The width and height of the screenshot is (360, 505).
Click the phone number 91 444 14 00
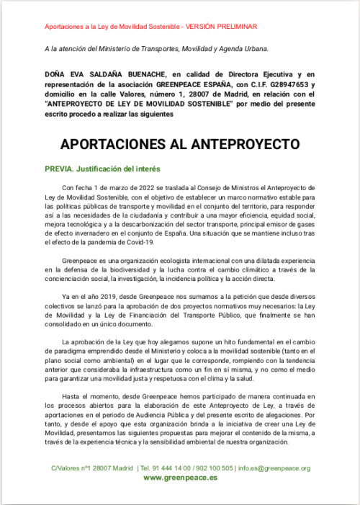168,468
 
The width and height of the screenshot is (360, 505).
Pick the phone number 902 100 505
214,468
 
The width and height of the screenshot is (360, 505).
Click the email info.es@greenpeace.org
275,468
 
